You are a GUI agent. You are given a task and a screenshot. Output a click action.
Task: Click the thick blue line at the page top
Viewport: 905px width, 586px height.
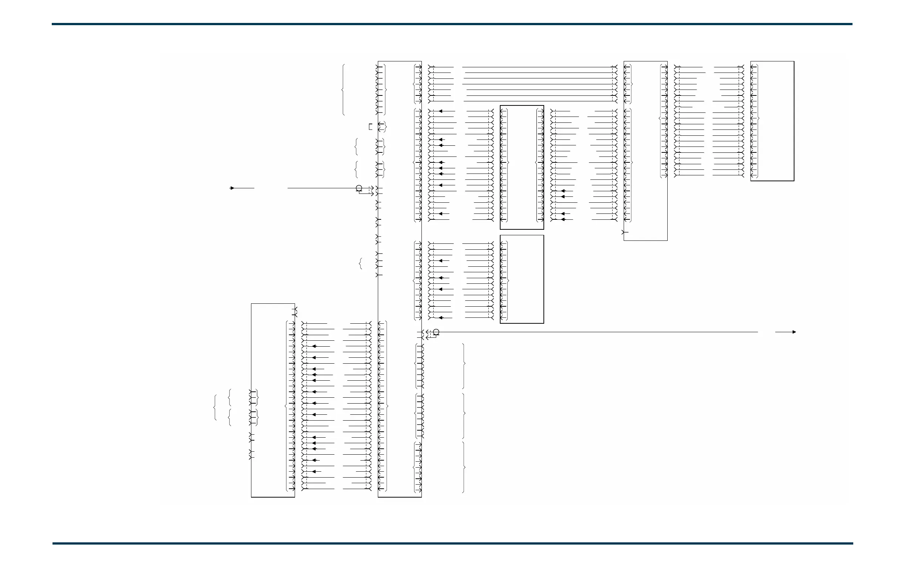click(452, 24)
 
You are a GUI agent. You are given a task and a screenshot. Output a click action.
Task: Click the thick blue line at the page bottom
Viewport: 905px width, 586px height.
click(452, 543)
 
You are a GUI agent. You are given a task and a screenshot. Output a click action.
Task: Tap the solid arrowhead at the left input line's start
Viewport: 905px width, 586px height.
click(232, 188)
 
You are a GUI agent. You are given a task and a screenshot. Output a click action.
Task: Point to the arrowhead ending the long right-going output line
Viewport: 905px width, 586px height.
click(794, 332)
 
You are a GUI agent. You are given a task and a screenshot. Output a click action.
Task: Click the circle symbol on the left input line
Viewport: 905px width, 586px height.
click(359, 188)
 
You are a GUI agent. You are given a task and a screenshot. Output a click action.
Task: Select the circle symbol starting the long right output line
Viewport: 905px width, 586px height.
click(436, 332)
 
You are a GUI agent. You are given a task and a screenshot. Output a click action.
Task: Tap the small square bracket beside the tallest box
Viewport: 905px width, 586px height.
click(370, 127)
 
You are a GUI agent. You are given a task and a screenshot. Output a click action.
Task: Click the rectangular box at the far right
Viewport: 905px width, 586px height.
click(772, 121)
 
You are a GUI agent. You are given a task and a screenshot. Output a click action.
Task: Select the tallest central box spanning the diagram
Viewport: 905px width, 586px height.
click(400, 279)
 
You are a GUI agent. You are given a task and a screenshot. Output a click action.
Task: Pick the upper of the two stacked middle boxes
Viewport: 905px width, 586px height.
click(522, 168)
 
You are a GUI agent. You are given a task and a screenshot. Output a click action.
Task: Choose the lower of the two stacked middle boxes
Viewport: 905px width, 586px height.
click(522, 279)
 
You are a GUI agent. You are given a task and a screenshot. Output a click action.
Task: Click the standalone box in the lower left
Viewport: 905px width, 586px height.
click(272, 400)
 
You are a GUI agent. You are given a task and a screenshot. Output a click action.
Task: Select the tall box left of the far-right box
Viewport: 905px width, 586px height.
click(645, 151)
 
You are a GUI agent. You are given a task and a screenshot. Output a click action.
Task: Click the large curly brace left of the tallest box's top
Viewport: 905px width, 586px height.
click(343, 90)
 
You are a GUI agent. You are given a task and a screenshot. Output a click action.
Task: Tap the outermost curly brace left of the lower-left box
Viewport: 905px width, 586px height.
click(215, 408)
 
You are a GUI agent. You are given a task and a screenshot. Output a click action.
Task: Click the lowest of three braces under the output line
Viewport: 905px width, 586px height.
click(464, 467)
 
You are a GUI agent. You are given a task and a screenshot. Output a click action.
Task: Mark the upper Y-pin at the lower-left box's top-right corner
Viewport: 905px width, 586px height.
click(296, 309)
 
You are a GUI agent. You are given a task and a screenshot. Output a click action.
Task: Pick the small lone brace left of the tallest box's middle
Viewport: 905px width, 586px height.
click(360, 263)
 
